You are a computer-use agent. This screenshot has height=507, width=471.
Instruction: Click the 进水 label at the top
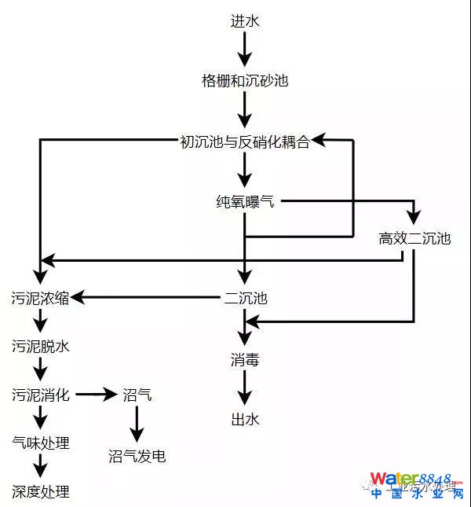pos(245,21)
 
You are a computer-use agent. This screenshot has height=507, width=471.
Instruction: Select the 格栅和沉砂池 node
pos(245,81)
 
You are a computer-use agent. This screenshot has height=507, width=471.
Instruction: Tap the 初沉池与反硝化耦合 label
pos(245,141)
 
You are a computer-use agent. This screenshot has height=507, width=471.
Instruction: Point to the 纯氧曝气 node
pos(245,202)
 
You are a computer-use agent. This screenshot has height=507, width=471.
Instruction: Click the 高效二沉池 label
pos(414,239)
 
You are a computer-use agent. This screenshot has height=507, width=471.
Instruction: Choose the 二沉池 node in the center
pos(246,299)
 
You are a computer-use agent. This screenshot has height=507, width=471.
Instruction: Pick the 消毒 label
pos(245,360)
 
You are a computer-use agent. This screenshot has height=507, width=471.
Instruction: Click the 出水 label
pos(245,420)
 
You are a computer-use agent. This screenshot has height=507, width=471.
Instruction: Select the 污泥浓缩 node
pos(40,299)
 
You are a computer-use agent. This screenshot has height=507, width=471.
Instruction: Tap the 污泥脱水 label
pos(40,347)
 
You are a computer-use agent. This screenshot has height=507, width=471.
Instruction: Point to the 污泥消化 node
pos(40,395)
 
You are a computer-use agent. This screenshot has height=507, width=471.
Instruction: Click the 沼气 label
pos(137,395)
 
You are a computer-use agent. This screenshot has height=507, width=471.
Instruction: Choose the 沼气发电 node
pos(137,457)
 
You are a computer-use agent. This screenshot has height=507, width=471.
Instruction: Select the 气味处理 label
pos(40,443)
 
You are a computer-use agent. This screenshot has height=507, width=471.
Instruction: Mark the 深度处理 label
pos(40,492)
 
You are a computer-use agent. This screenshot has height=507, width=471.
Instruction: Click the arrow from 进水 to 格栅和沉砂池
pos(245,50)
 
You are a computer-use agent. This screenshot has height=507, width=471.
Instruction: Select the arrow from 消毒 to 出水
pos(245,390)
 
